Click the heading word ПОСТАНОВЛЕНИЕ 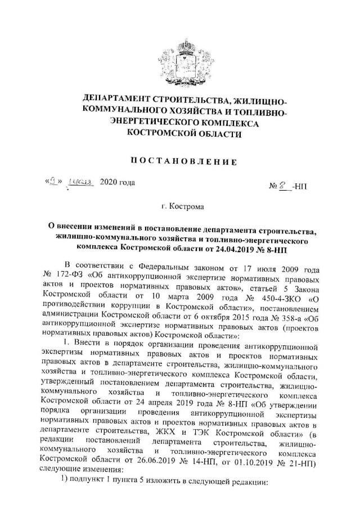pyautogui.click(x=180, y=162)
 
